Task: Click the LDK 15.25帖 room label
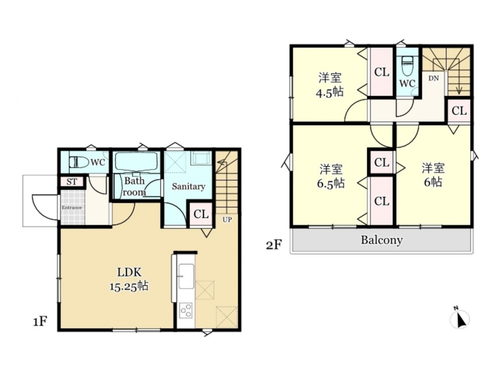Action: (129, 279)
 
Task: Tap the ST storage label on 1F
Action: (72, 182)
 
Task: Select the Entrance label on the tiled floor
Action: (72, 208)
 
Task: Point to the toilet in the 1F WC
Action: (79, 162)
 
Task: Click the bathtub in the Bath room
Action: (136, 161)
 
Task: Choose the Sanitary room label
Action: (188, 186)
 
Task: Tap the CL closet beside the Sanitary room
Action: (201, 214)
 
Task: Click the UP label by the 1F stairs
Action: (227, 220)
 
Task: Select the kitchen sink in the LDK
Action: (186, 276)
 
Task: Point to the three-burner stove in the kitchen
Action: (186, 310)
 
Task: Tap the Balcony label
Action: (381, 240)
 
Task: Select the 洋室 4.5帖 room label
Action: (330, 85)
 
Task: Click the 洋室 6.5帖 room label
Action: (331, 176)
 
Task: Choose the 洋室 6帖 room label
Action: (433, 175)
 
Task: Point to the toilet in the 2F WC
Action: (407, 66)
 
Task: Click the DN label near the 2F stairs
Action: (433, 78)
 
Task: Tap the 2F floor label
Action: (274, 245)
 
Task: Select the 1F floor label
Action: (41, 321)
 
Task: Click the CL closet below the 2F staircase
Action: (459, 111)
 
